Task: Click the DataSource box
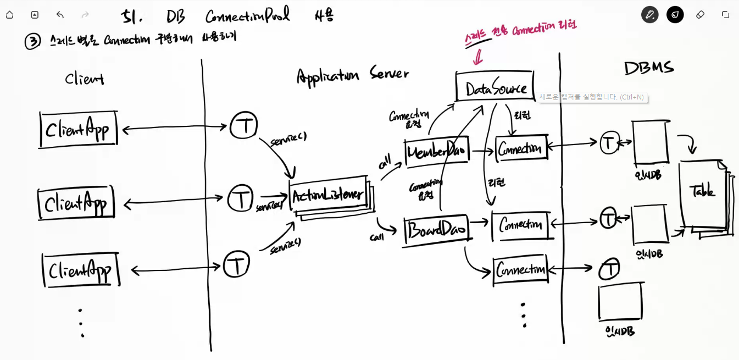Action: coord(495,86)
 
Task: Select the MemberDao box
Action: coord(437,152)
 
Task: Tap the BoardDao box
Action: coord(437,230)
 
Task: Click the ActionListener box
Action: coord(329,195)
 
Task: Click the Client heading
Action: coord(84,79)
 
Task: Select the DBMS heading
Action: coord(648,68)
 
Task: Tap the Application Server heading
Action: coord(352,75)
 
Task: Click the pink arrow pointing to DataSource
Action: coord(477,56)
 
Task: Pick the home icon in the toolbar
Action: coord(9,15)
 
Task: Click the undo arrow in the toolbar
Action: coord(60,15)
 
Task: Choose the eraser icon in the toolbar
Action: coord(700,15)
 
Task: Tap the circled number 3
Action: coord(32,41)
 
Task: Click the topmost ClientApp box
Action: coord(78,129)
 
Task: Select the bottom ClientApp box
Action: coord(81,270)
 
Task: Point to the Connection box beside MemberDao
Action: coord(521,147)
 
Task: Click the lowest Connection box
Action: coord(520,269)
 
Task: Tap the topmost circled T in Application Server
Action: coord(243,125)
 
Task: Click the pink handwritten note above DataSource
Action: coord(520,30)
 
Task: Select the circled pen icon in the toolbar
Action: coord(649,15)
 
